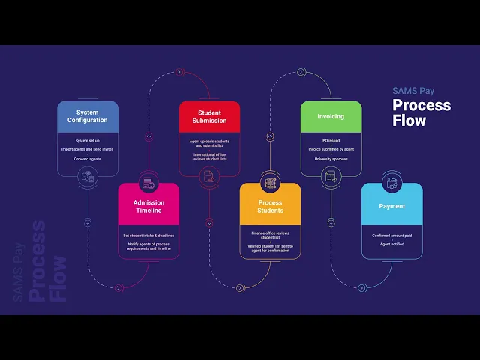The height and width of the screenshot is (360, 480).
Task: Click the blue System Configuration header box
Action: [x=88, y=116]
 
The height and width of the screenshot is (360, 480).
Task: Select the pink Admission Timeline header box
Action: [x=148, y=206]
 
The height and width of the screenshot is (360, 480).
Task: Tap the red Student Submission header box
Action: [x=209, y=116]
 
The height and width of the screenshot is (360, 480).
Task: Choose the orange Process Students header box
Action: [x=270, y=206]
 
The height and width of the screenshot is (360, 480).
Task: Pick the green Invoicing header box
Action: [x=331, y=116]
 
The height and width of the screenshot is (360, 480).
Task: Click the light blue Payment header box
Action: [x=391, y=206]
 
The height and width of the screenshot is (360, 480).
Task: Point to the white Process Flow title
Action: [x=421, y=112]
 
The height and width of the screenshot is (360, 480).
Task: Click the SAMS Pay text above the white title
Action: [x=412, y=91]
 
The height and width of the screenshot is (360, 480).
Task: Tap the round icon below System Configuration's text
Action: [x=88, y=177]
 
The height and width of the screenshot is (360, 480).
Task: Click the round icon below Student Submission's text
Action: [x=209, y=177]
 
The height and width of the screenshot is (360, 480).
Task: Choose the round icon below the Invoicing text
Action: [x=331, y=177]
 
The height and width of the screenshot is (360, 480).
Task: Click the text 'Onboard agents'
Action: [x=88, y=158]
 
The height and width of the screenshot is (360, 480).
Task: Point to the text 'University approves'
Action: [x=331, y=158]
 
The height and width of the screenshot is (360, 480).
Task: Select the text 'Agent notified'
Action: [x=391, y=244]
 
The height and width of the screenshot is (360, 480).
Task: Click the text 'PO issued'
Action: [x=331, y=140]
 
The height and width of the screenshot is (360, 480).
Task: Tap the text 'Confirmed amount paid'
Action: [x=391, y=235]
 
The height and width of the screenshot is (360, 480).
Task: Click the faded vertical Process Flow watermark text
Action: [x=46, y=262]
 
